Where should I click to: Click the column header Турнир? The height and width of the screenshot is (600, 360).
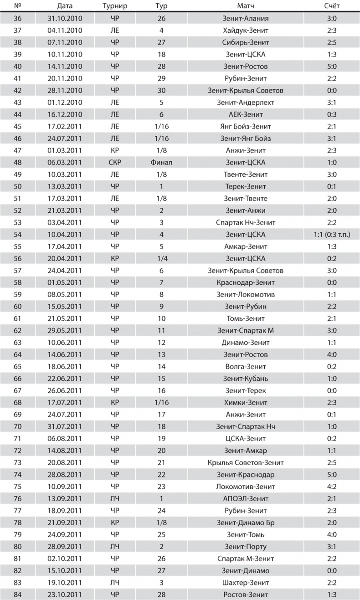click(114, 6)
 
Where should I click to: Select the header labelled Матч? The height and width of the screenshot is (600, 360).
click(246, 6)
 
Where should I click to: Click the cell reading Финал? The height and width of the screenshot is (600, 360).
click(161, 163)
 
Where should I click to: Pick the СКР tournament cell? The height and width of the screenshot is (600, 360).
click(114, 163)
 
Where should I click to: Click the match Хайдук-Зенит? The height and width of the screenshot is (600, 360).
click(246, 31)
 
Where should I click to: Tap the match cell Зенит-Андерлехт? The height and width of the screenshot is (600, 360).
click(246, 103)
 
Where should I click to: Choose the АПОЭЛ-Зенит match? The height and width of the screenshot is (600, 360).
click(246, 499)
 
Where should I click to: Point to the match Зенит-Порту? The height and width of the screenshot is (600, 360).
click(246, 547)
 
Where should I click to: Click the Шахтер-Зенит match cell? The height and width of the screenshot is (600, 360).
click(246, 583)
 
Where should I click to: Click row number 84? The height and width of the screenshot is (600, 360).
click(19, 595)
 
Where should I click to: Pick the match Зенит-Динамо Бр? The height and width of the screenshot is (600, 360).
click(246, 523)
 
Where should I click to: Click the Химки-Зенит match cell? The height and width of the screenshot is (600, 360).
click(246, 403)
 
